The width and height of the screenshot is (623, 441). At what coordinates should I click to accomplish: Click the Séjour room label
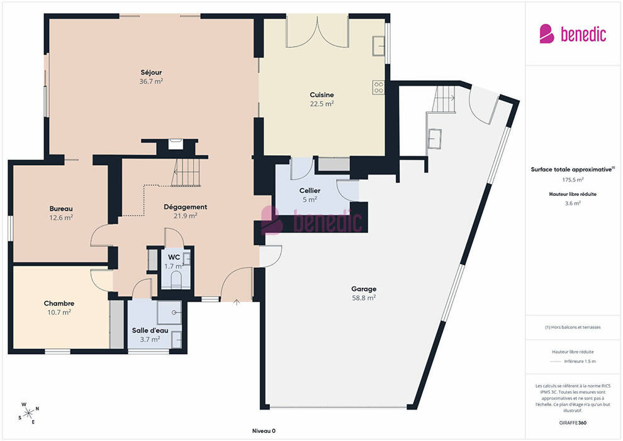(x=151, y=72)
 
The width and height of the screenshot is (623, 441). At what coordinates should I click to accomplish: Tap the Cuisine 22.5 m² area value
(x=322, y=104)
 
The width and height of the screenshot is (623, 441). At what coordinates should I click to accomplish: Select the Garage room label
(x=364, y=289)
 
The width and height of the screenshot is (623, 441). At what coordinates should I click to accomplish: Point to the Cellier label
(x=310, y=190)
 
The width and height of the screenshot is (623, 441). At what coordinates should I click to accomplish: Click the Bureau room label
(x=61, y=209)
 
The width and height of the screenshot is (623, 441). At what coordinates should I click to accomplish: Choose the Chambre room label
(x=59, y=304)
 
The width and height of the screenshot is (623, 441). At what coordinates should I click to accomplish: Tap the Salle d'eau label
(x=150, y=331)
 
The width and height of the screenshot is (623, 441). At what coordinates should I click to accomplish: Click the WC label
(x=174, y=257)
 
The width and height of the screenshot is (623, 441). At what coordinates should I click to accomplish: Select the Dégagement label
(x=186, y=207)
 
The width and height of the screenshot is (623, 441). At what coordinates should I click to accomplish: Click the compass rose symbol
(x=28, y=413)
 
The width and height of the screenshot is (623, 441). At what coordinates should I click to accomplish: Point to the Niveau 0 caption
(x=264, y=431)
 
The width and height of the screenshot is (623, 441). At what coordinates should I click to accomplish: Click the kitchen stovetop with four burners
(x=379, y=88)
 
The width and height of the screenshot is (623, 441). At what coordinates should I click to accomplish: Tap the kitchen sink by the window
(x=379, y=46)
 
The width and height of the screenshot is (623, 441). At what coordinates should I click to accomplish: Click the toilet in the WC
(x=176, y=280)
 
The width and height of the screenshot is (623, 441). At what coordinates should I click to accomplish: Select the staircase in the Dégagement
(x=186, y=172)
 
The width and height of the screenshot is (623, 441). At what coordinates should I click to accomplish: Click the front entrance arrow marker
(x=237, y=302)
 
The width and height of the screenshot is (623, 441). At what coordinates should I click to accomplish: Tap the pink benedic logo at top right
(x=573, y=34)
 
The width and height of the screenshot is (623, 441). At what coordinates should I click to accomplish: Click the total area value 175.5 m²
(x=573, y=180)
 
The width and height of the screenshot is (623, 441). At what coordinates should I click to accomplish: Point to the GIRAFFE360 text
(x=573, y=423)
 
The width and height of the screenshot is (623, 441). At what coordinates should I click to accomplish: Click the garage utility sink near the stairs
(x=434, y=139)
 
